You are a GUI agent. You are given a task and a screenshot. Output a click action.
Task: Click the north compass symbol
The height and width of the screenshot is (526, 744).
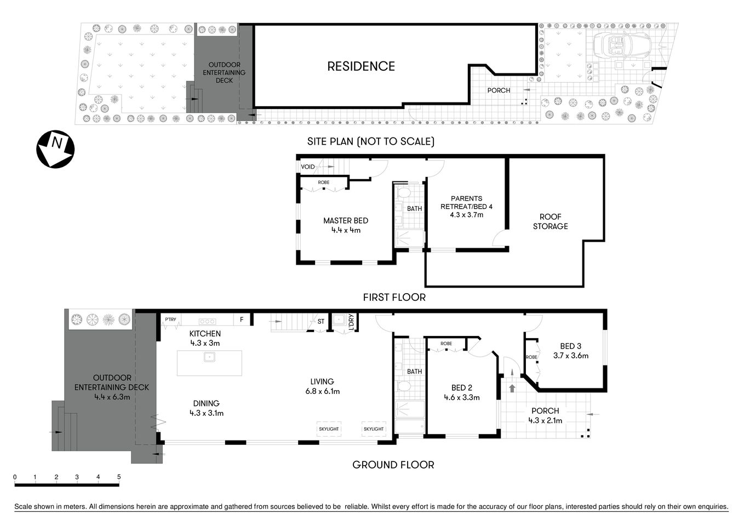(x=55, y=149)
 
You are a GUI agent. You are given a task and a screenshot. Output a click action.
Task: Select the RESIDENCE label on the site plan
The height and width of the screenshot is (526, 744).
(x=361, y=66)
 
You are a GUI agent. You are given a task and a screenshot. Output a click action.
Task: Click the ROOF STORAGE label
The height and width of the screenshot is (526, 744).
(x=550, y=221)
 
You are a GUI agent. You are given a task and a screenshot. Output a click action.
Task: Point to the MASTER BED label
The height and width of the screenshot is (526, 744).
(x=346, y=221)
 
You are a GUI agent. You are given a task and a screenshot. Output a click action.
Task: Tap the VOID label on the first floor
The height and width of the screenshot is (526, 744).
(x=308, y=167)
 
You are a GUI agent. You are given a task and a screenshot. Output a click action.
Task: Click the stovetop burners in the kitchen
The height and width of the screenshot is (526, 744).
(x=207, y=321)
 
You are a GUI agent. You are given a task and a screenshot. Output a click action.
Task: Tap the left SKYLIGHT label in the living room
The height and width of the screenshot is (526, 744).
(x=329, y=429)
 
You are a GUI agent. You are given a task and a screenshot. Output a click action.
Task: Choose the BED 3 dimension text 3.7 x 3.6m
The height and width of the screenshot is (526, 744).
(x=570, y=356)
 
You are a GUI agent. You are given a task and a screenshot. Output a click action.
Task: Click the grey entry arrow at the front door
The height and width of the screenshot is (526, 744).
(x=512, y=388)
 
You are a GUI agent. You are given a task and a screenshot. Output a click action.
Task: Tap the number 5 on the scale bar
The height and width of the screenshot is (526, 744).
(x=119, y=477)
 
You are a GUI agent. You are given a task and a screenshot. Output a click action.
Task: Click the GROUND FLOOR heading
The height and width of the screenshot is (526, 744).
(x=393, y=465)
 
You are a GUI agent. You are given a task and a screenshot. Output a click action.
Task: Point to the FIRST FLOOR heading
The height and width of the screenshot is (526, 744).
(x=394, y=298)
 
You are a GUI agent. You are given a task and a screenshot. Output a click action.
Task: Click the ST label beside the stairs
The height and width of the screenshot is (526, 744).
(x=321, y=322)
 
